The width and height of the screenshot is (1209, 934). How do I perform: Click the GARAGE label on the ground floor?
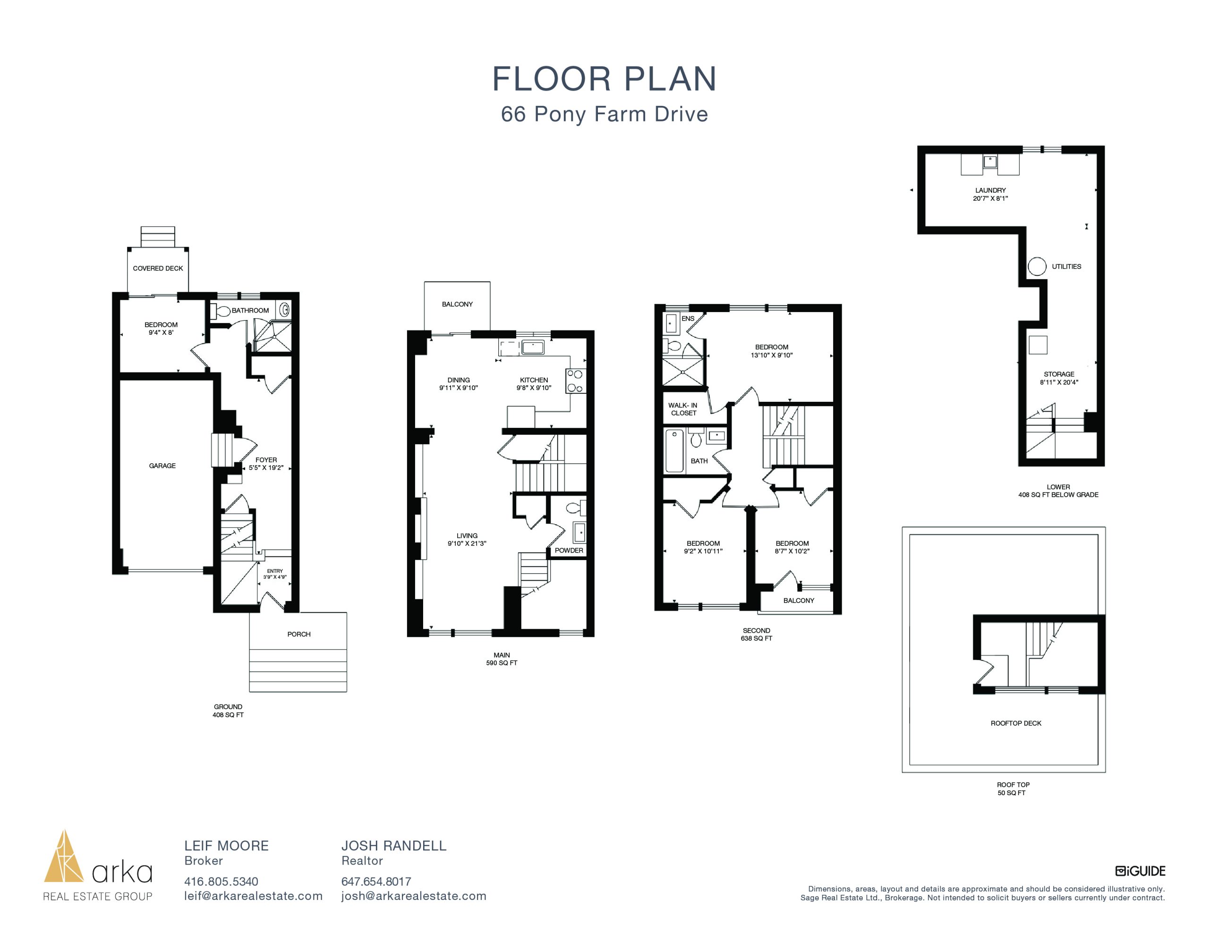click(x=162, y=466)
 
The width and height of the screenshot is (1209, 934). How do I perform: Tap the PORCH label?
click(x=299, y=634)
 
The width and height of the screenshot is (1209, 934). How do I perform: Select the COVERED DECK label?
click(x=158, y=268)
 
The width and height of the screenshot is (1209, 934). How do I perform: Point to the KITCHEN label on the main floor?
click(x=534, y=380)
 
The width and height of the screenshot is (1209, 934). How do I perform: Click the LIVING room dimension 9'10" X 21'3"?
click(x=467, y=543)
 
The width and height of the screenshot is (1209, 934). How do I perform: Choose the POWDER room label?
click(x=569, y=550)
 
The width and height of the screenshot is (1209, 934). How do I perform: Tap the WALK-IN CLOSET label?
click(x=683, y=409)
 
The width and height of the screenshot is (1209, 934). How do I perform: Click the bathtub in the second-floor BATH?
click(x=674, y=450)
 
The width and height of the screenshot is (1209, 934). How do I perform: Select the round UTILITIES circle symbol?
click(x=1037, y=266)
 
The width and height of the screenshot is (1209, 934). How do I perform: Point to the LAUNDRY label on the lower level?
click(x=990, y=190)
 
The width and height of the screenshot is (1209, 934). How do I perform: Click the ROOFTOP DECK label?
click(x=1016, y=723)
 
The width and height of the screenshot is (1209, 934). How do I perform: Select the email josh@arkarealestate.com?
click(x=414, y=896)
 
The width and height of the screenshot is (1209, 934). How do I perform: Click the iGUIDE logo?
click(x=1141, y=871)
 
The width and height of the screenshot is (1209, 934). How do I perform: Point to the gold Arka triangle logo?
click(x=64, y=857)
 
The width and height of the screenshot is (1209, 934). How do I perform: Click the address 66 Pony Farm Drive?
click(x=604, y=114)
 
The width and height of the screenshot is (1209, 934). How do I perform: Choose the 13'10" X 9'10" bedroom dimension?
click(x=772, y=355)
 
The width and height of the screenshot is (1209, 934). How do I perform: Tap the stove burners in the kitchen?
click(x=575, y=381)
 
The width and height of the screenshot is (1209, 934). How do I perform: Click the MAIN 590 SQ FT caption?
click(x=502, y=659)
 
